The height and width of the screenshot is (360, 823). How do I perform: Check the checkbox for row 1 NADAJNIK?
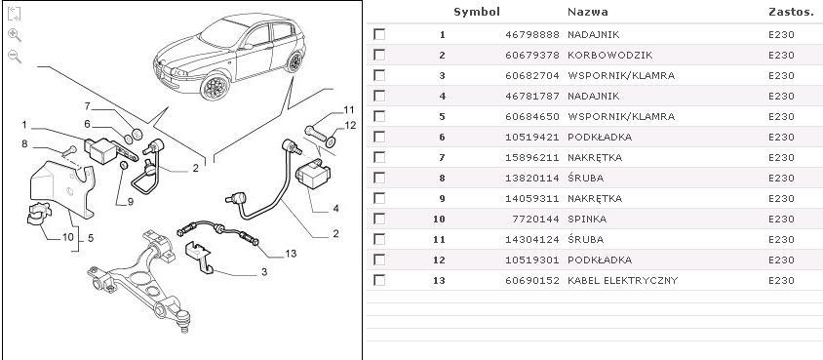379,35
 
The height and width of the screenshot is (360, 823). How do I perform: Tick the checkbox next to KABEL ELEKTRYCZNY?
379,280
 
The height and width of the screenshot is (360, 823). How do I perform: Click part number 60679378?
532,55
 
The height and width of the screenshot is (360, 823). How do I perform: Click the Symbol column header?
477,12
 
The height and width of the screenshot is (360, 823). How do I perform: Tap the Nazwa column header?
588,12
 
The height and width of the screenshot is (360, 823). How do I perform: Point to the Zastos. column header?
791,12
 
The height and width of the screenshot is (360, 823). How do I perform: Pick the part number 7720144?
536,219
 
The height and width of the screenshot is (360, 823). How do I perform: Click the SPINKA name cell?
587,219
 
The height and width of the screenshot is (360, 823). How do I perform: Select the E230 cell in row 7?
781,157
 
